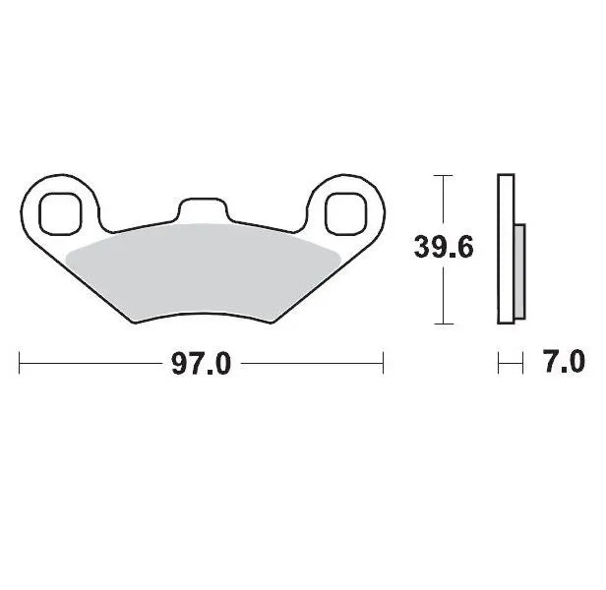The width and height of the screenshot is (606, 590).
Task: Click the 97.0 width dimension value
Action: coord(201,364)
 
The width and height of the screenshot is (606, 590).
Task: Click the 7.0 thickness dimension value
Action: coord(564,363)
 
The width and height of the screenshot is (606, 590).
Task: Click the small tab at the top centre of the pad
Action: coord(202,208)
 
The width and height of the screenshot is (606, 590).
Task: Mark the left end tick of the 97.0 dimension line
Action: coord(21,364)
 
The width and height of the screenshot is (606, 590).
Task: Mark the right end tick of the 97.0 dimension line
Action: coord(382,364)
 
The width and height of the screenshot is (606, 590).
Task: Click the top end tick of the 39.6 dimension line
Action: coord(444,175)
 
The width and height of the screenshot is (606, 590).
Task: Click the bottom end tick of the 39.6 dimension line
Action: coord(444,324)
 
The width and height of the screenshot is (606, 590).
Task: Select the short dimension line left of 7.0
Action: coord(510,364)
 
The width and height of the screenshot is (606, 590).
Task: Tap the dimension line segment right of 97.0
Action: coord(310,364)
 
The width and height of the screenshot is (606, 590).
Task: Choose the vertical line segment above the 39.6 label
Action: coord(444,202)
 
